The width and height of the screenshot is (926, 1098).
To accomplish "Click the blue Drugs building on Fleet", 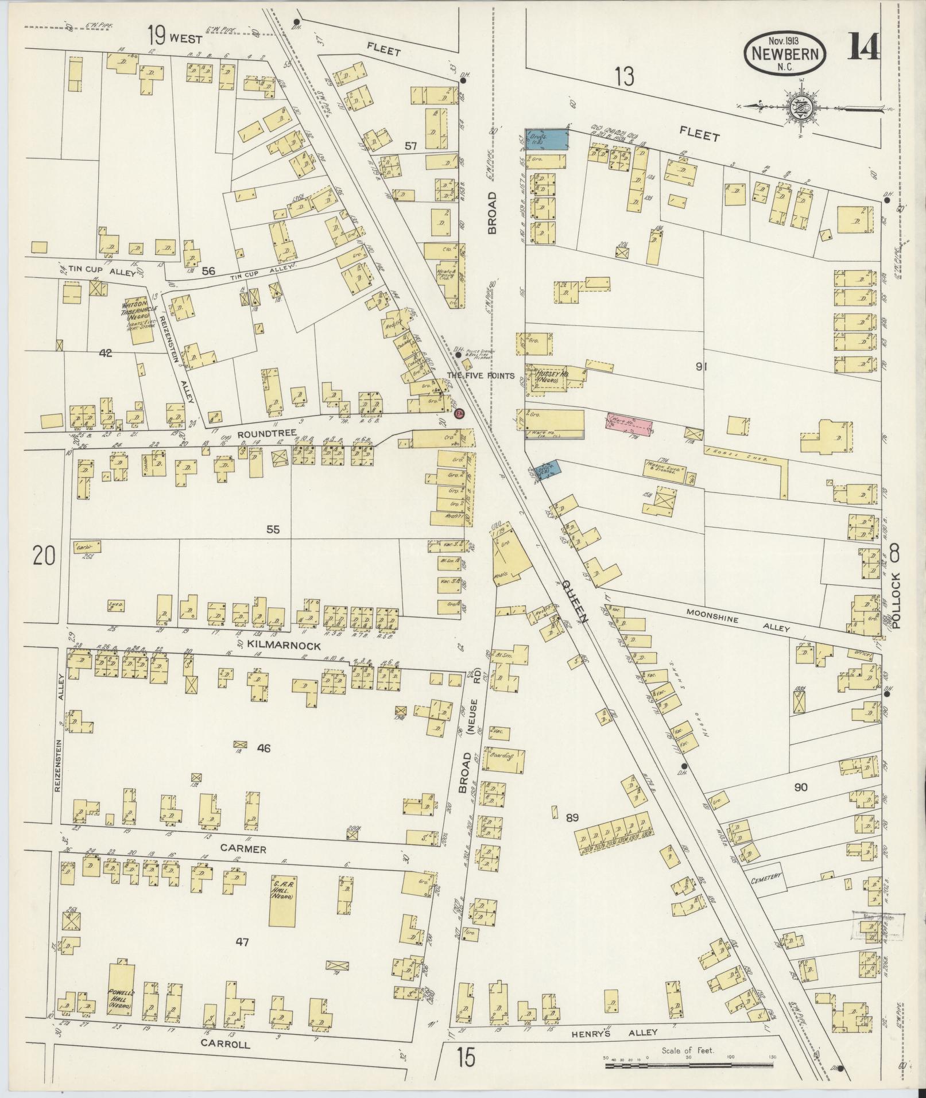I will click(x=548, y=140).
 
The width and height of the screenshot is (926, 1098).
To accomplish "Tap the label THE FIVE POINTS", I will click(x=481, y=376).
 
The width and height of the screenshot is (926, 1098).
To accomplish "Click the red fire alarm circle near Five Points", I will click(x=458, y=413).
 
